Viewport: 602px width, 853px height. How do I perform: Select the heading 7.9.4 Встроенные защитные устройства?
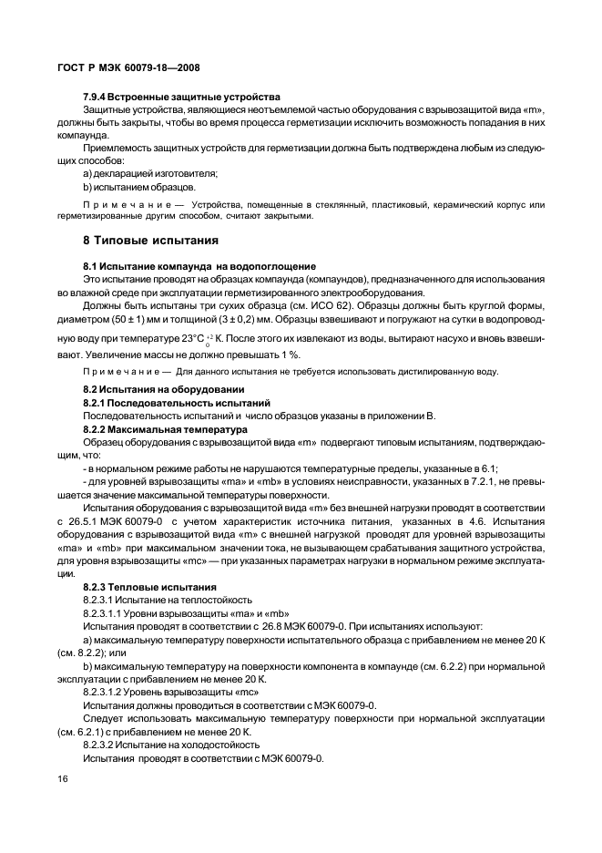[181, 97]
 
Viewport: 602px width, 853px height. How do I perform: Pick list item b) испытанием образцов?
[138, 187]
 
